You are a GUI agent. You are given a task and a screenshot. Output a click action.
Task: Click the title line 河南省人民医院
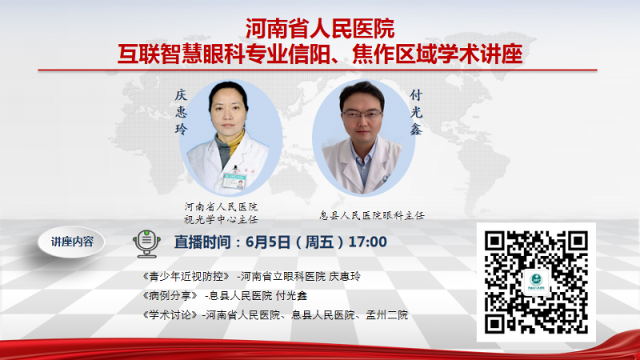319,29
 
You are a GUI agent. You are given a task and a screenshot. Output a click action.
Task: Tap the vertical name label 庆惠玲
181,112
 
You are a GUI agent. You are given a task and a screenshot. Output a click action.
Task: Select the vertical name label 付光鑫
416,112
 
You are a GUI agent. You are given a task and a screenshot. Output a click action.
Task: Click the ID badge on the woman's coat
234,180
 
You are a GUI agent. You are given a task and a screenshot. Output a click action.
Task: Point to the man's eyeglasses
362,114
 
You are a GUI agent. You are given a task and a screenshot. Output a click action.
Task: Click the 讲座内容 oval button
71,242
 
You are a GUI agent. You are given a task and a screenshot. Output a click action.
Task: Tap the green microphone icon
146,243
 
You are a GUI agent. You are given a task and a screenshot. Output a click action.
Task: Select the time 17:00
368,242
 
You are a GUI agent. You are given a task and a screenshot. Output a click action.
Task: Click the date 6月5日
268,242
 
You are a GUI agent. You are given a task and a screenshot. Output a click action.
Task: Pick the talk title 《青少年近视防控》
186,276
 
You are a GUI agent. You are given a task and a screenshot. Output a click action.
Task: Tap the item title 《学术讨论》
170,314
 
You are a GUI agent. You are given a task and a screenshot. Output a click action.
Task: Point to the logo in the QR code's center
536,282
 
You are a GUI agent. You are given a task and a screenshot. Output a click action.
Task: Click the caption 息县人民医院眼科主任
372,215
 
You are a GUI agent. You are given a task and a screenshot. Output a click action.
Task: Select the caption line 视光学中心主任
221,219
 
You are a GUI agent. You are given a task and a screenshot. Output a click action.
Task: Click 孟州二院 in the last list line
386,314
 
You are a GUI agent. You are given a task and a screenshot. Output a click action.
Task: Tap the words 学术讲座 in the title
480,54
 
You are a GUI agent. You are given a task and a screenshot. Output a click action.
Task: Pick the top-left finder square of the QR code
495,242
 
